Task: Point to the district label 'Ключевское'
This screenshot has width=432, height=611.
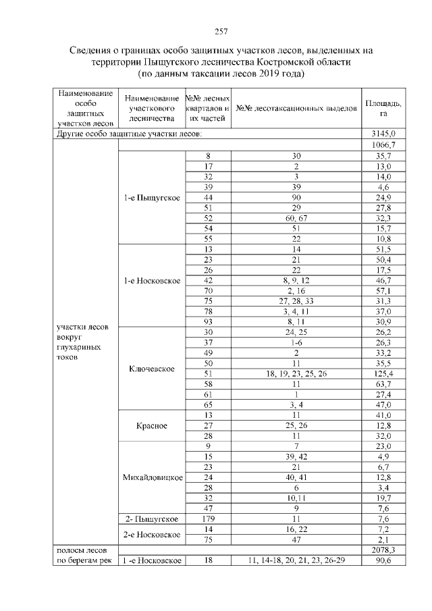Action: pyautogui.click(x=151, y=369)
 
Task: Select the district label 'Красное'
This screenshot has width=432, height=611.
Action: pyautogui.click(x=151, y=426)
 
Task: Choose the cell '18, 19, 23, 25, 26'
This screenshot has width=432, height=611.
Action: pyautogui.click(x=296, y=374)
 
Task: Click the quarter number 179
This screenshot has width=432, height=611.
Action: pyautogui.click(x=208, y=519)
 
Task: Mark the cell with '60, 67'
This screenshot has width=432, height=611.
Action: pyautogui.click(x=296, y=218)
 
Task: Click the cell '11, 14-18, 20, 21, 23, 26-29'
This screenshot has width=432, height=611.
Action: pyautogui.click(x=296, y=561)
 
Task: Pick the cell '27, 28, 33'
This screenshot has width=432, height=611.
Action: pyautogui.click(x=296, y=301)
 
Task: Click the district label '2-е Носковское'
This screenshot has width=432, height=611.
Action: pyautogui.click(x=151, y=535)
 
